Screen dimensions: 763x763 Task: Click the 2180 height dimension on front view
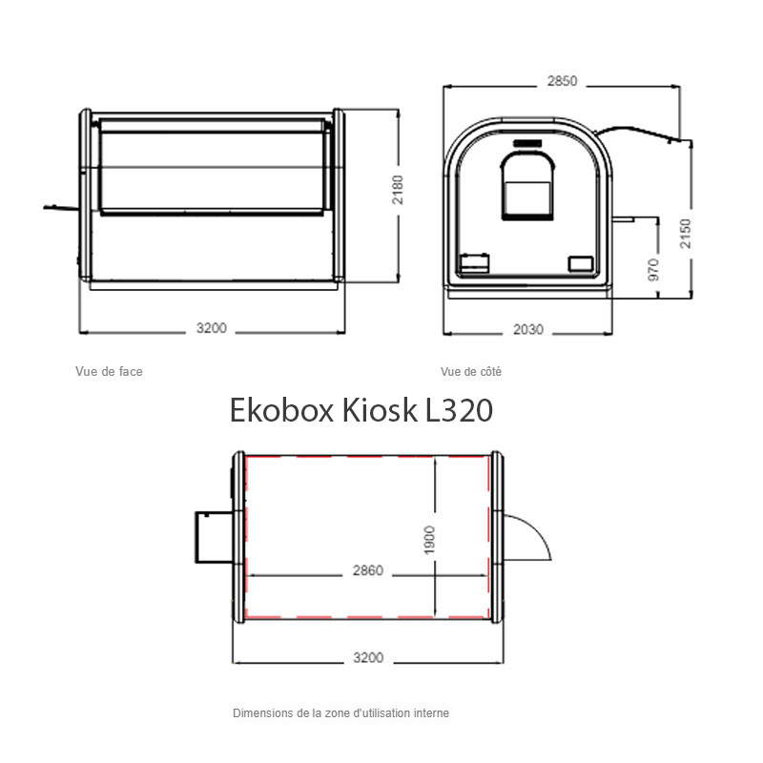[x=398, y=189]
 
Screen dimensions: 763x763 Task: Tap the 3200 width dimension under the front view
[x=211, y=328]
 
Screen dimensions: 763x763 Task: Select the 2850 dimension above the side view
[x=562, y=81]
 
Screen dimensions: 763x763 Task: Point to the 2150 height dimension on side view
[x=685, y=234]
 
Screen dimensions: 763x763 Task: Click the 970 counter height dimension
[x=654, y=270]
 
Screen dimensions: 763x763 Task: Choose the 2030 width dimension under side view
[x=528, y=329]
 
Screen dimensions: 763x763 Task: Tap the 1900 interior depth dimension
[x=429, y=540]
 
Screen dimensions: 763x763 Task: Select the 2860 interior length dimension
[x=368, y=570]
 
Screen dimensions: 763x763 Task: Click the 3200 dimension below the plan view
[x=368, y=657]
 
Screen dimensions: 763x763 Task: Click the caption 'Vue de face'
[x=109, y=371]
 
